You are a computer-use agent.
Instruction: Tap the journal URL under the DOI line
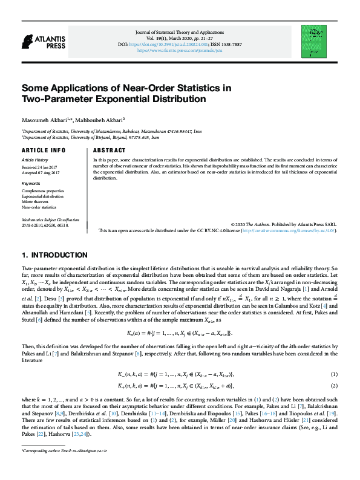click(180, 51)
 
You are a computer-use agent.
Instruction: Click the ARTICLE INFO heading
click(43, 150)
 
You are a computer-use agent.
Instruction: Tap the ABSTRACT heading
click(110, 150)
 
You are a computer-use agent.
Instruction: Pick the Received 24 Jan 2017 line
click(39, 166)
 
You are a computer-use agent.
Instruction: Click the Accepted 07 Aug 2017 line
click(41, 173)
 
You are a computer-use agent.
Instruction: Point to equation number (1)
click(334, 375)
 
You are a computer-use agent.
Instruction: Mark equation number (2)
click(334, 386)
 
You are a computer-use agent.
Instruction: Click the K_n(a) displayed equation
click(180, 333)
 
